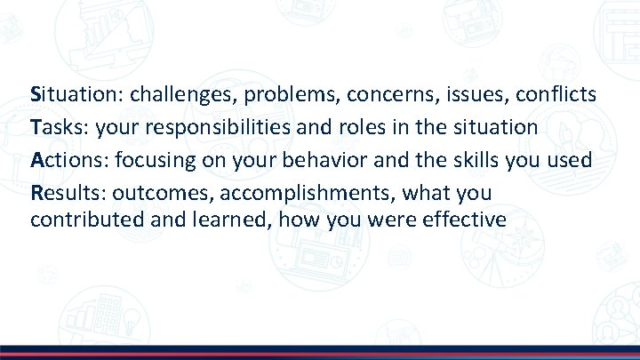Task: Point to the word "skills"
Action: [x=460, y=160]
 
